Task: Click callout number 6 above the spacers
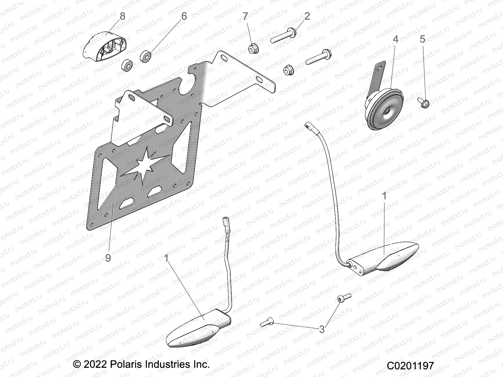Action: [184, 16]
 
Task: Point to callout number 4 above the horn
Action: [395, 39]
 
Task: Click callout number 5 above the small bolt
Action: [422, 39]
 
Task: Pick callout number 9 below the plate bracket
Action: [108, 258]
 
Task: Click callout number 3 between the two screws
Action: [322, 329]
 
